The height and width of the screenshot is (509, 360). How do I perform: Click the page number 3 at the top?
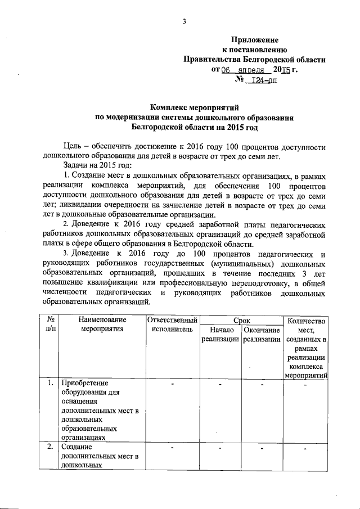[183, 22]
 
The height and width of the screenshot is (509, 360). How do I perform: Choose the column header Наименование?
[101, 320]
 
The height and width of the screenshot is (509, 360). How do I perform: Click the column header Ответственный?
[172, 320]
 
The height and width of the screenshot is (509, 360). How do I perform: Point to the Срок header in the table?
[241, 319]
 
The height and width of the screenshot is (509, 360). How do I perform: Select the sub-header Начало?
[221, 330]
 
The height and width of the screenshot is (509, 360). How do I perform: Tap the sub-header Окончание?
[262, 330]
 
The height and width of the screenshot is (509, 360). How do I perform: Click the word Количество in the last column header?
[306, 321]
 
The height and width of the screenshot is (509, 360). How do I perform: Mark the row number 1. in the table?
[50, 384]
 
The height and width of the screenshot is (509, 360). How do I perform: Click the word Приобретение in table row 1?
[84, 384]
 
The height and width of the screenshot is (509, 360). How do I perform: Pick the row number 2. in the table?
[50, 447]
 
